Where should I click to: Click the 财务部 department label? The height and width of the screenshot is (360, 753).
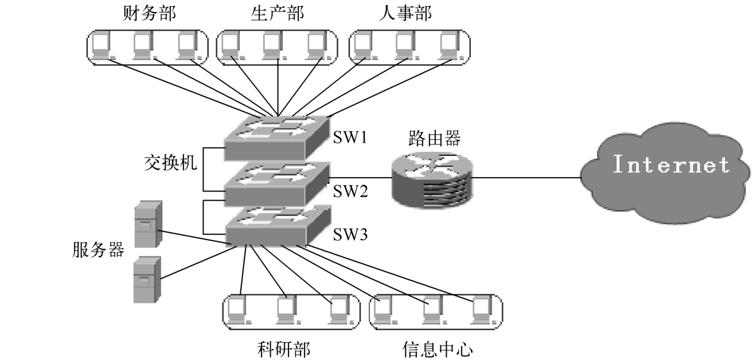click(146, 13)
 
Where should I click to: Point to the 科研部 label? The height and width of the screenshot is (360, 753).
click(284, 347)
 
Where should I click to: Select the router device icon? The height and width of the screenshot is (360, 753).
click(432, 178)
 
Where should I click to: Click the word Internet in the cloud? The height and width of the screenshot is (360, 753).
click(671, 165)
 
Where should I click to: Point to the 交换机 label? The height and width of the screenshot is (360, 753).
click(170, 163)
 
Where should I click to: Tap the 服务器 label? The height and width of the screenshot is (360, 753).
click(98, 249)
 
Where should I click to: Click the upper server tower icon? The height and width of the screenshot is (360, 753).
click(147, 224)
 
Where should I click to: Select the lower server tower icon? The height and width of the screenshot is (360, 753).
click(147, 279)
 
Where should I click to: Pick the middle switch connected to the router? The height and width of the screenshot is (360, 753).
click(275, 182)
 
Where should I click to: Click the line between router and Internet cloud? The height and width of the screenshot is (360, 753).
click(528, 178)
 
